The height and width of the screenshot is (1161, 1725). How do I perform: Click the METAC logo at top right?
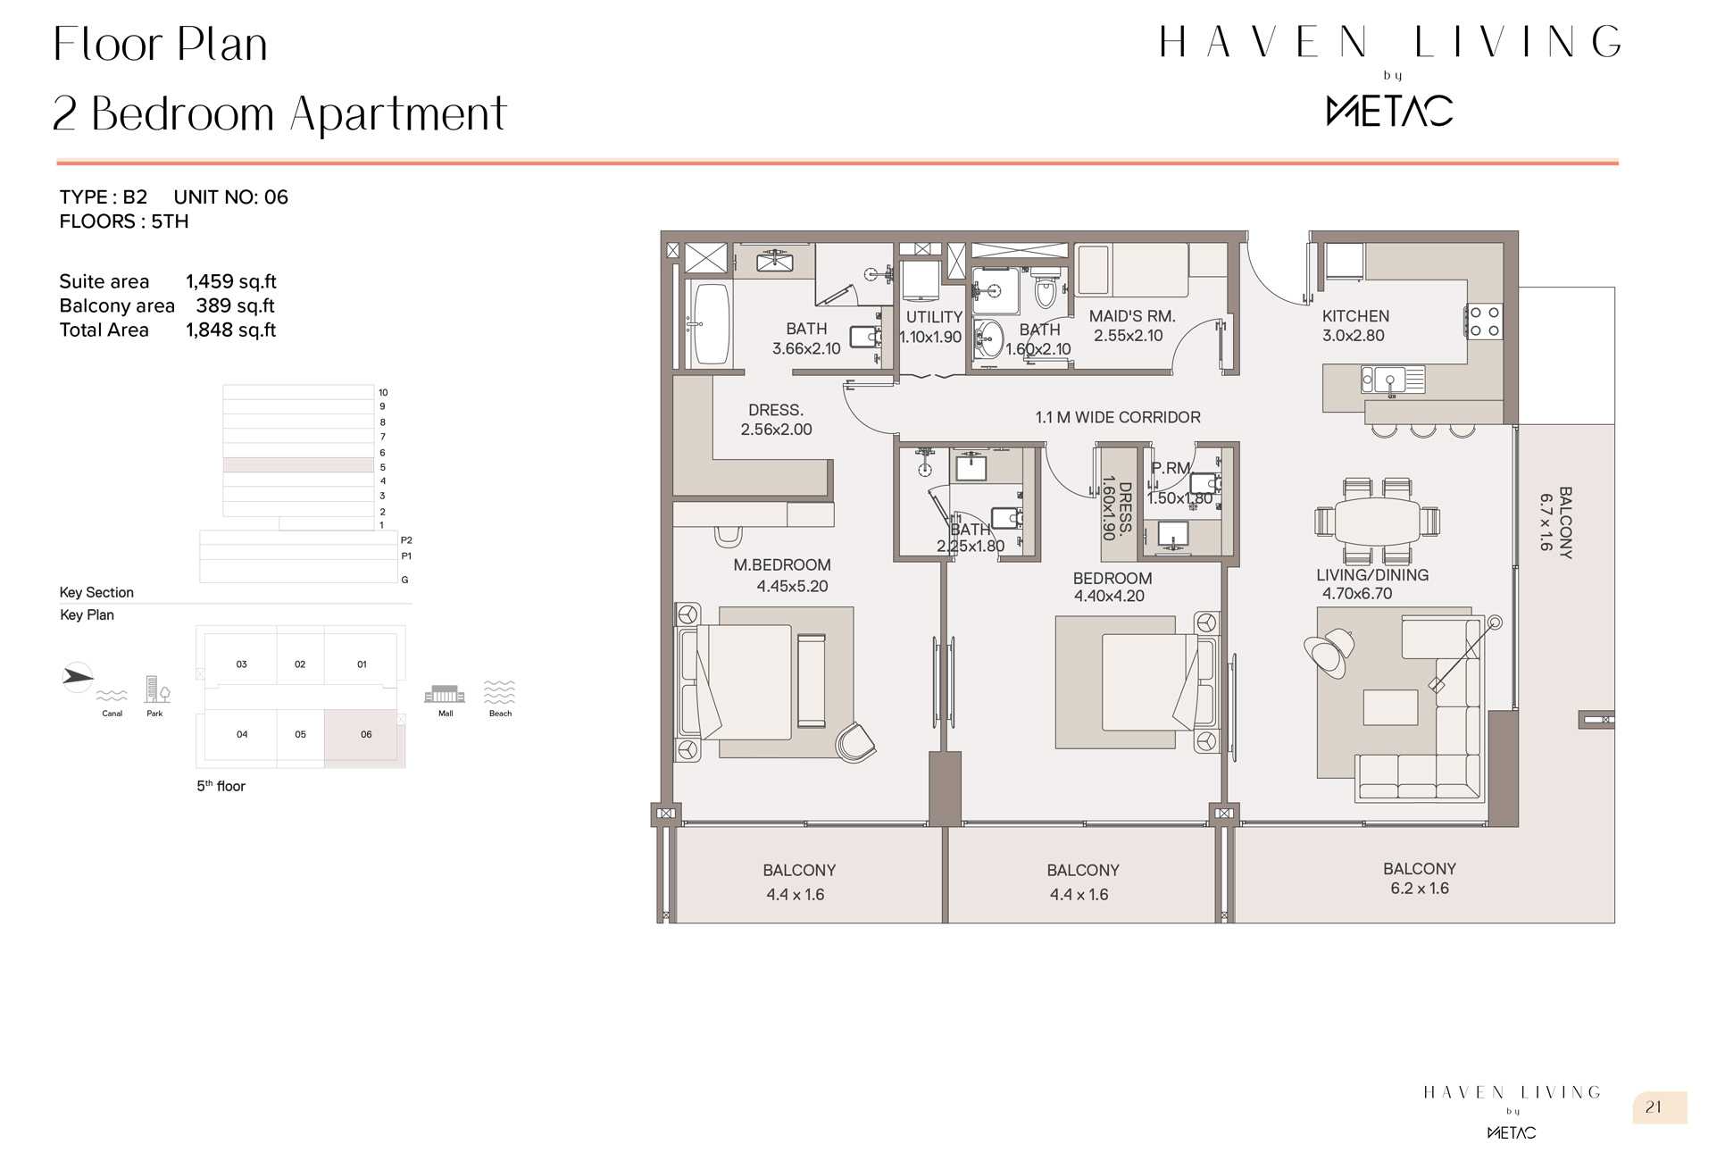1389,111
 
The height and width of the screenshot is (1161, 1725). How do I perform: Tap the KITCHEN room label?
1355,316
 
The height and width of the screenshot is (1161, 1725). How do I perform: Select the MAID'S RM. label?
1132,316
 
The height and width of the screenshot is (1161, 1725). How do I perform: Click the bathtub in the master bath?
712,324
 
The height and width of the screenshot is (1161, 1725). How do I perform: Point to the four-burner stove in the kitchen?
1484,322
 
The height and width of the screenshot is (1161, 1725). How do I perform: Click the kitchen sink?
1392,380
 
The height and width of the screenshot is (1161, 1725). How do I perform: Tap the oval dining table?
1377,519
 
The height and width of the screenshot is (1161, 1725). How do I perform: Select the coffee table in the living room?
1390,707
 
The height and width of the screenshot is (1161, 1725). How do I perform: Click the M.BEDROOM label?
782,565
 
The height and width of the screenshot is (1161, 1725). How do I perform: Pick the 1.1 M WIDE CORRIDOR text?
1118,417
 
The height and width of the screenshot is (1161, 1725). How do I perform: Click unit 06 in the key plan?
365,735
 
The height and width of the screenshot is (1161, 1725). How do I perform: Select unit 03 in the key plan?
241,664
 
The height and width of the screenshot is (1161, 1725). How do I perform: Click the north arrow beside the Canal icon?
77,677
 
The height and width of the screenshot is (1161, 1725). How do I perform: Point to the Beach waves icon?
499,692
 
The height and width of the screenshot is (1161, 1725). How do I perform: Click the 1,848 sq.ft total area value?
231,330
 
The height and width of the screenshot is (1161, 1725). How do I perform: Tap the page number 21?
1654,1107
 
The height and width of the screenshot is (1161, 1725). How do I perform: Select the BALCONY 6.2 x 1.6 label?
1420,879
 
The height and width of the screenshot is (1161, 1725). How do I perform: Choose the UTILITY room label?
934,317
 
